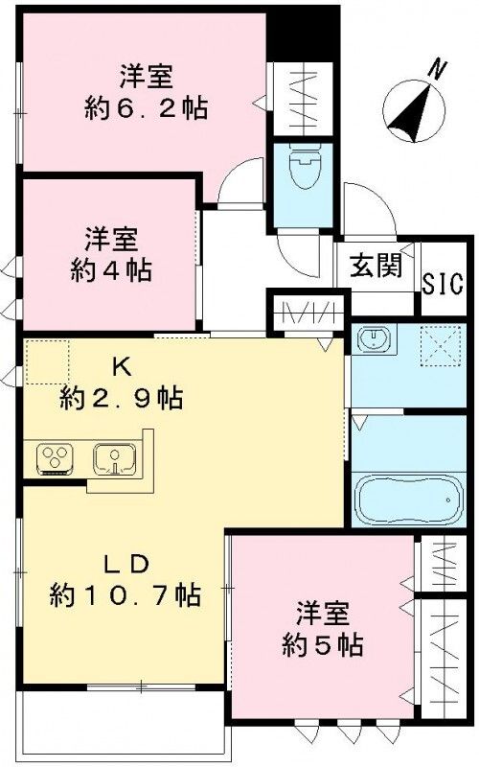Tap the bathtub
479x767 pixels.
[407, 496]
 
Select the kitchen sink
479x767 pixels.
[115, 458]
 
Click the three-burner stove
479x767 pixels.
[57, 458]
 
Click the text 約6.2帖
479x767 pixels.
[144, 105]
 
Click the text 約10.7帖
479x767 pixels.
[125, 595]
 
